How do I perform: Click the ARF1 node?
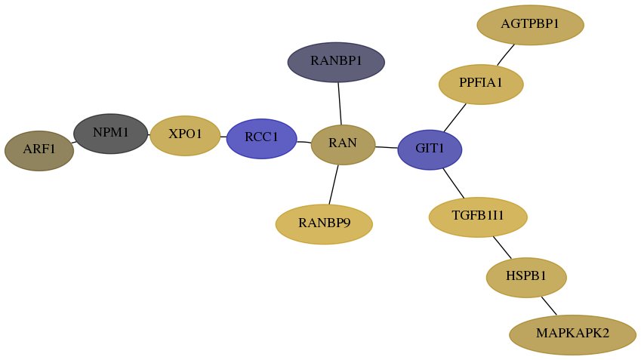39,151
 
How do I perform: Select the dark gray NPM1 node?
111,134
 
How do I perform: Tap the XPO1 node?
185,136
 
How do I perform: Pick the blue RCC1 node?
262,139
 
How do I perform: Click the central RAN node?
343,145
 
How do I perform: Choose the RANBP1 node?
336,62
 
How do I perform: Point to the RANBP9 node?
324,224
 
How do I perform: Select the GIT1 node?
430,149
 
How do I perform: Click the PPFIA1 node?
481,85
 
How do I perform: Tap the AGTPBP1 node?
530,25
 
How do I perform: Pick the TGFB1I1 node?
478,217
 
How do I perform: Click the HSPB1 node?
526,278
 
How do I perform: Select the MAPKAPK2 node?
573,334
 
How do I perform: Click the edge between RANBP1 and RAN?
340,104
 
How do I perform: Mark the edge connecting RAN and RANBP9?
334,185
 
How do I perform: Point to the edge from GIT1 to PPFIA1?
455,118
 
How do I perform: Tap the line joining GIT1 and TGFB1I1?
454,183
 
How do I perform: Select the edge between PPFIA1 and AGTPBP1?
506,55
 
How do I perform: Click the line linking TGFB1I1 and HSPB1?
502,248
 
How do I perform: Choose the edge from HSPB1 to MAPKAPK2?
549,306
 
